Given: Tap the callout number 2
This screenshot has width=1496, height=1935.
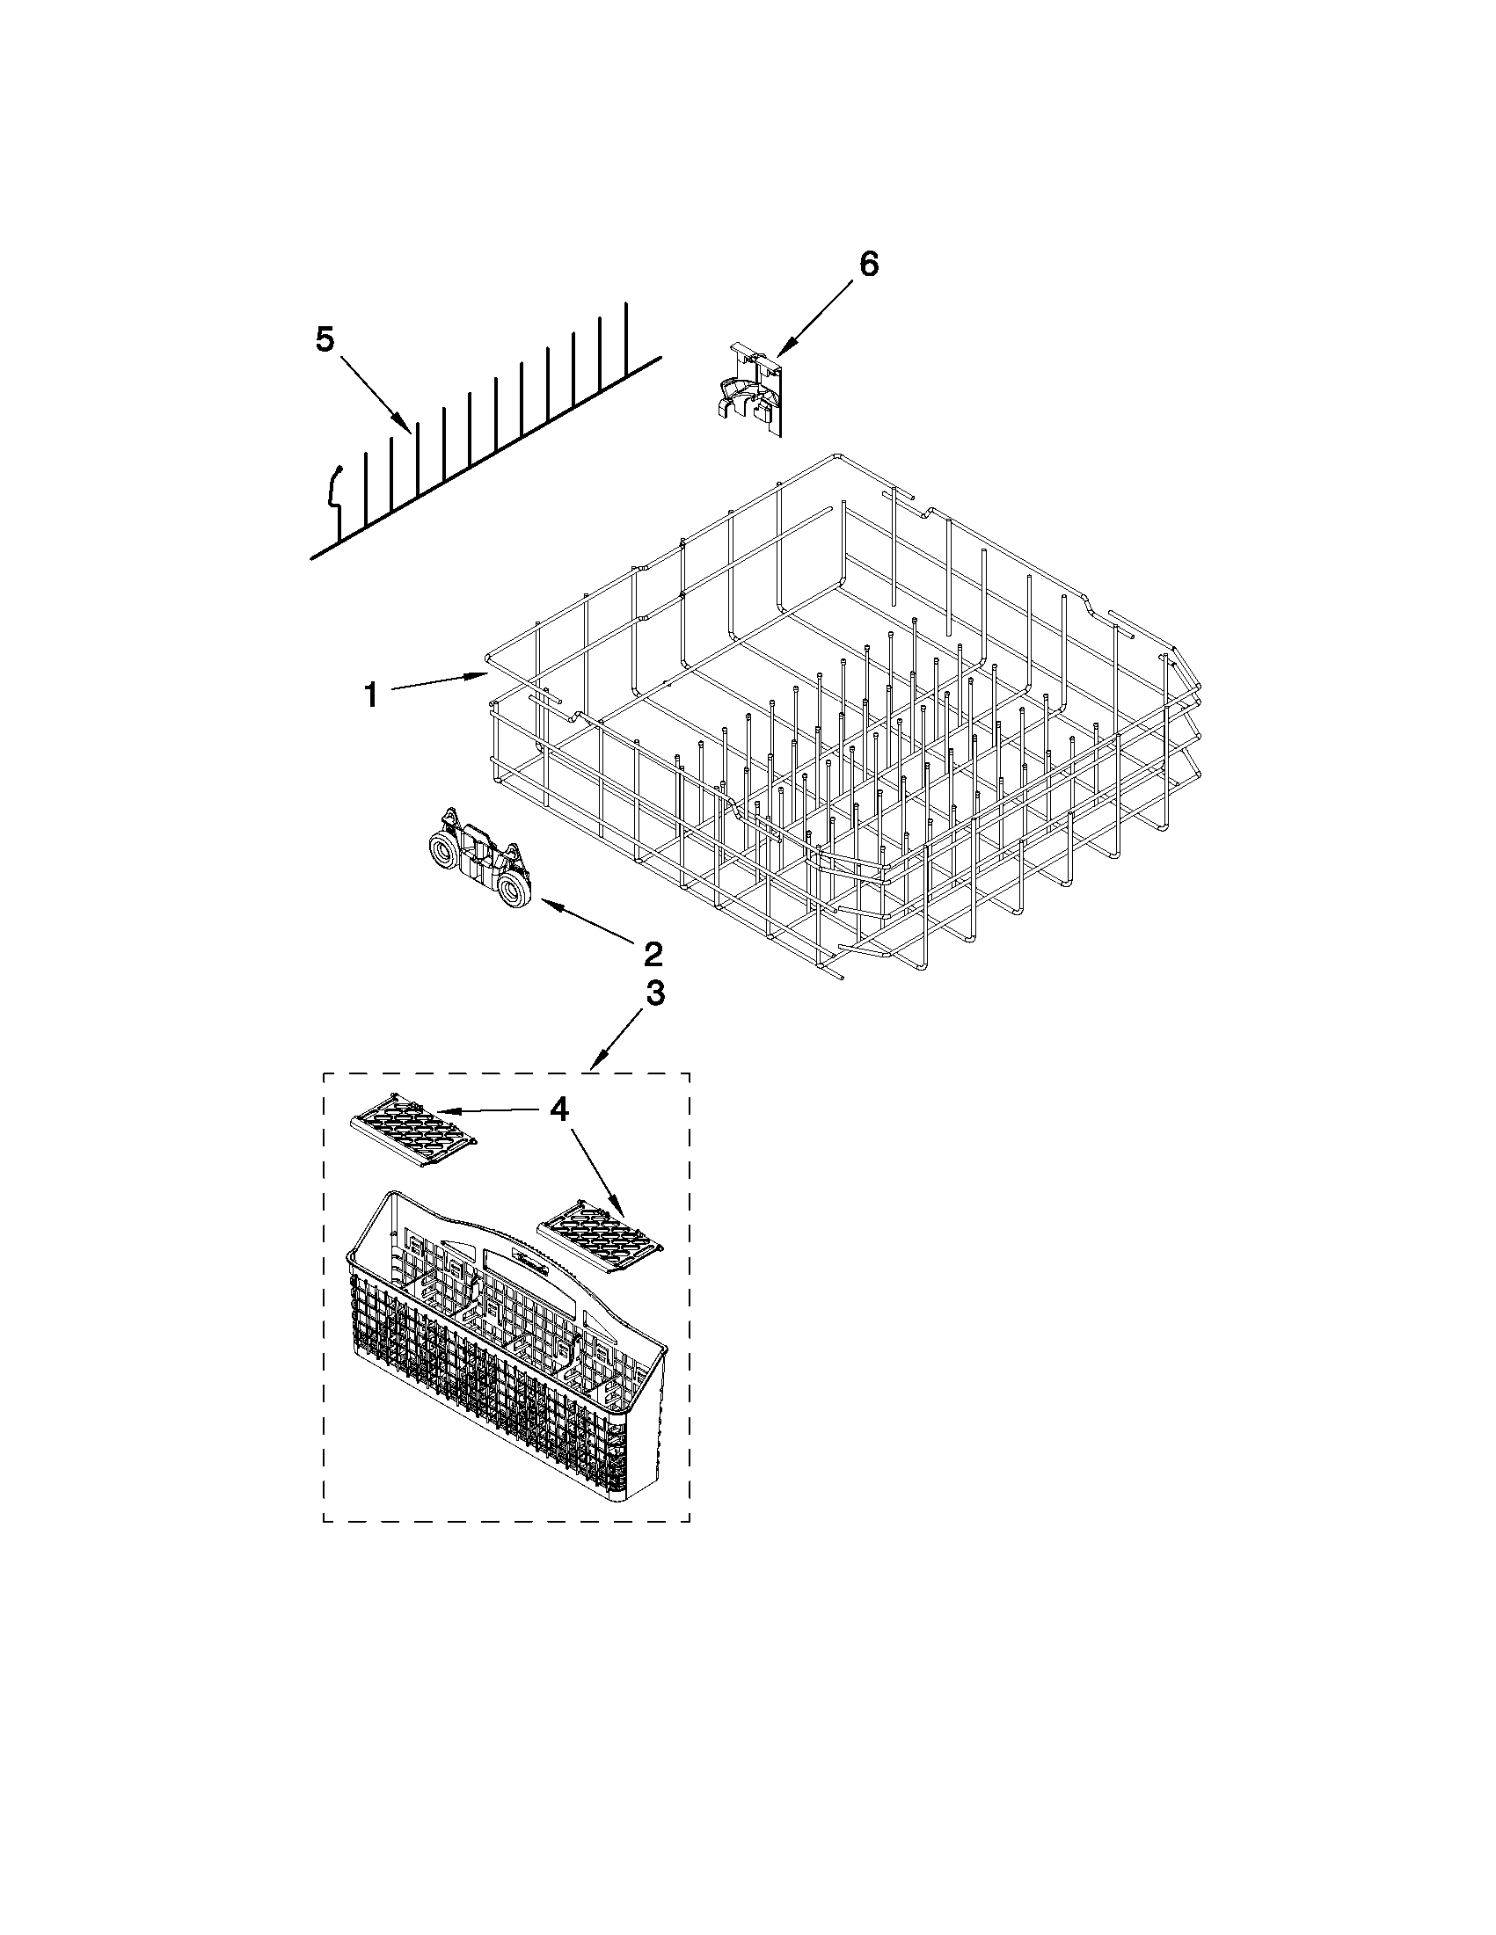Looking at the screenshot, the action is (652, 954).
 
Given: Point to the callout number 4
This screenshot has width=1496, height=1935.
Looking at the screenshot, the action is (558, 1109).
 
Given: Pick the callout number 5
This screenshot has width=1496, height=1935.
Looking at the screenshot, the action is (325, 338).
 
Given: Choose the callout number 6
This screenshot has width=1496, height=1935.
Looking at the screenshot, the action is (868, 263).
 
